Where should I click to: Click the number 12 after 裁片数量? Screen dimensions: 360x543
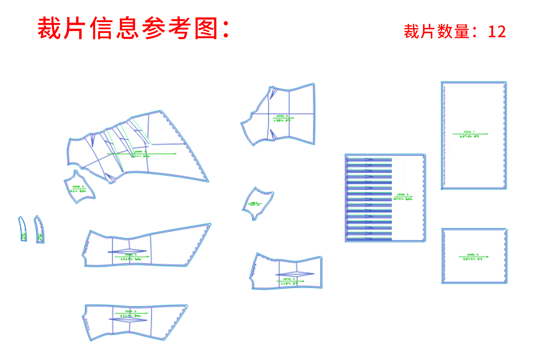(497, 32)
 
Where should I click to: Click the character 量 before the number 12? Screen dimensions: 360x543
(462, 32)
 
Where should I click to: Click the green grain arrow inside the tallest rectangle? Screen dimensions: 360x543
(470, 134)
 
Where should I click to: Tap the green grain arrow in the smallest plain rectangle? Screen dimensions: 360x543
(474, 256)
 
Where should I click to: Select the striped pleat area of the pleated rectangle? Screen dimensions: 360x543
(369, 198)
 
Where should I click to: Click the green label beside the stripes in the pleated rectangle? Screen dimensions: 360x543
(403, 197)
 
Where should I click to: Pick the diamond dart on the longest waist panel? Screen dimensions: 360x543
(127, 252)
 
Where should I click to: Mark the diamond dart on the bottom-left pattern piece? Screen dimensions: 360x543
(128, 319)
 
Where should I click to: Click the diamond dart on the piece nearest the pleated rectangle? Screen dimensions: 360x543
(295, 274)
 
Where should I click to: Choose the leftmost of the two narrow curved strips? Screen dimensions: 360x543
(23, 229)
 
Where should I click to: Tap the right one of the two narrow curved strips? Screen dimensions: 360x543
(39, 229)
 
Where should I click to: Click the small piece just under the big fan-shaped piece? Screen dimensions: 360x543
(79, 187)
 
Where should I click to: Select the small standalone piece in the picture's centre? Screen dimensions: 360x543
(257, 203)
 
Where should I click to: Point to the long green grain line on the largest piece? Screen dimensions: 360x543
(142, 154)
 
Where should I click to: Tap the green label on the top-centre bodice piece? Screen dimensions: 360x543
(282, 118)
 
